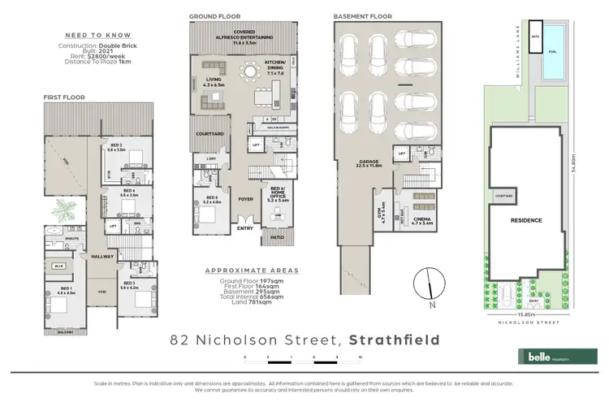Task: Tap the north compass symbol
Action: [x=425, y=287]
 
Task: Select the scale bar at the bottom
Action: [x=300, y=357]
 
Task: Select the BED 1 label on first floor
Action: [x=56, y=292]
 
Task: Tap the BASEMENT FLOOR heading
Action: [x=362, y=15]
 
